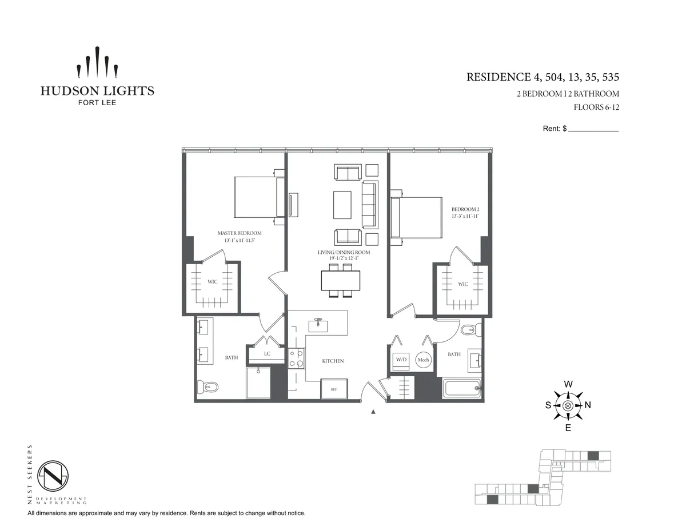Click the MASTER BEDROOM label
pyautogui.click(x=240, y=233)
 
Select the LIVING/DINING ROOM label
pyautogui.click(x=344, y=252)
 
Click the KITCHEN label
pyautogui.click(x=333, y=361)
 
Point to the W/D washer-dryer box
pyautogui.click(x=401, y=360)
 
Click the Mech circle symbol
pyautogui.click(x=423, y=360)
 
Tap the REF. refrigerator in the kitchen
pyautogui.click(x=334, y=388)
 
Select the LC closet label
pyautogui.click(x=267, y=354)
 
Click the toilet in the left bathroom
pyautogui.click(x=207, y=387)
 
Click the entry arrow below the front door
pyautogui.click(x=373, y=412)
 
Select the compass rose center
pyautogui.click(x=568, y=405)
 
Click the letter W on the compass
pyautogui.click(x=568, y=384)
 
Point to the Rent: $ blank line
pyautogui.click(x=593, y=130)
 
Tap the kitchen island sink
pyautogui.click(x=318, y=325)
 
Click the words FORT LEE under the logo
pyautogui.click(x=97, y=103)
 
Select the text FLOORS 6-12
pyautogui.click(x=596, y=107)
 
